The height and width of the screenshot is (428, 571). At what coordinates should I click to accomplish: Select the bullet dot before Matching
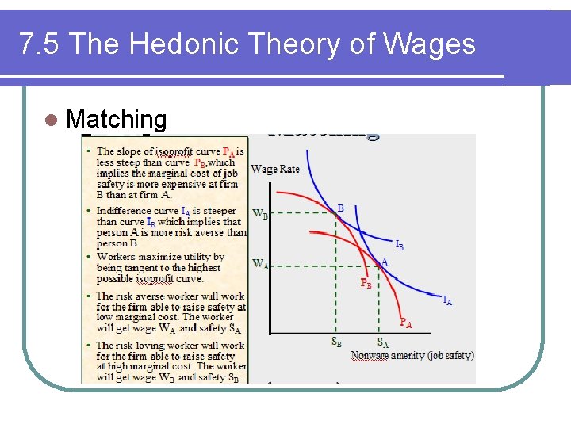(52, 120)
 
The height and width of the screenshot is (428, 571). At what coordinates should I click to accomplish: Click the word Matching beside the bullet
(117, 120)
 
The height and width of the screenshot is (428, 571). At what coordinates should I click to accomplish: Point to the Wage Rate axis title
(275, 169)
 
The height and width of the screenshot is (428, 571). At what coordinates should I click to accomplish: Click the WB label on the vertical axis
(259, 213)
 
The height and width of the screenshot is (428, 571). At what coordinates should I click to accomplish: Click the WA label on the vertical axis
(259, 263)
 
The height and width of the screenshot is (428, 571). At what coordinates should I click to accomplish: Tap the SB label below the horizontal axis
(337, 342)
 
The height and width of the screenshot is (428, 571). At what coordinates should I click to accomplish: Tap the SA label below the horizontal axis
(382, 342)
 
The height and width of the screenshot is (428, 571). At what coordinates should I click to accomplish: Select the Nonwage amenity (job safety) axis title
(412, 355)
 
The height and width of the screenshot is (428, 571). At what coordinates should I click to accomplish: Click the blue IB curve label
(400, 246)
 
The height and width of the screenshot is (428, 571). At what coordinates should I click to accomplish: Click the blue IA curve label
(447, 300)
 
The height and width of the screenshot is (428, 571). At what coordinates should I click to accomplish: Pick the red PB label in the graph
(366, 282)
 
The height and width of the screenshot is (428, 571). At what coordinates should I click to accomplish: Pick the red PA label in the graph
(405, 323)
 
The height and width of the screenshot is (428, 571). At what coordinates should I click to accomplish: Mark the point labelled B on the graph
(335, 212)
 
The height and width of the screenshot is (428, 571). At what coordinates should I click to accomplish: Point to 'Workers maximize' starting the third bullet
(135, 257)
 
